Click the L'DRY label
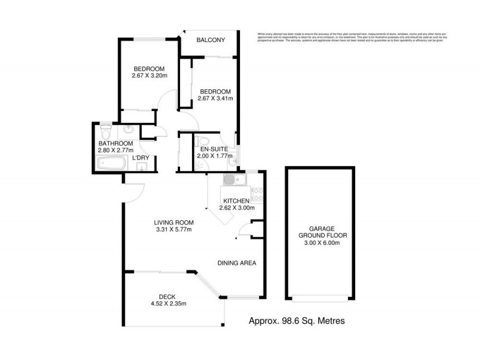point(140,158)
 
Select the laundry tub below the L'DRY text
point(142,167)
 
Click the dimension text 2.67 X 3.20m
point(149,76)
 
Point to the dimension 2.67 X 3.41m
point(215,98)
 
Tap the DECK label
point(167,296)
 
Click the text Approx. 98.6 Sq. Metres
point(296,321)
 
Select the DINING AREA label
point(237,263)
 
